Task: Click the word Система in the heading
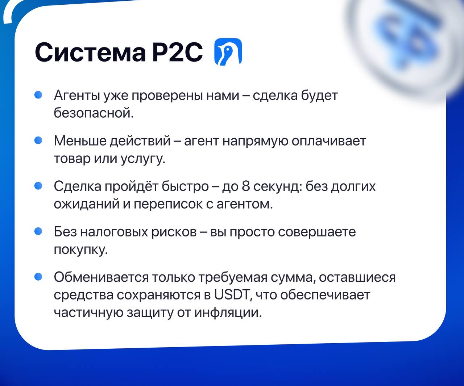(x=90, y=52)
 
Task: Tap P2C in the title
(x=178, y=52)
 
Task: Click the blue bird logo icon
(x=228, y=52)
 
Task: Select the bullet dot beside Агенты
(x=38, y=95)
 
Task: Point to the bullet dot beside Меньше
(x=38, y=140)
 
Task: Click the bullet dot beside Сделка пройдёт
(x=38, y=185)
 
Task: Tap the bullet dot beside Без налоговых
(x=38, y=231)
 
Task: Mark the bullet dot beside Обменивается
(x=38, y=277)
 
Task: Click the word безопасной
(x=94, y=112)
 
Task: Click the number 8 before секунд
(x=246, y=186)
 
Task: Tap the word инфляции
(x=228, y=313)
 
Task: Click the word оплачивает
(x=329, y=141)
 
